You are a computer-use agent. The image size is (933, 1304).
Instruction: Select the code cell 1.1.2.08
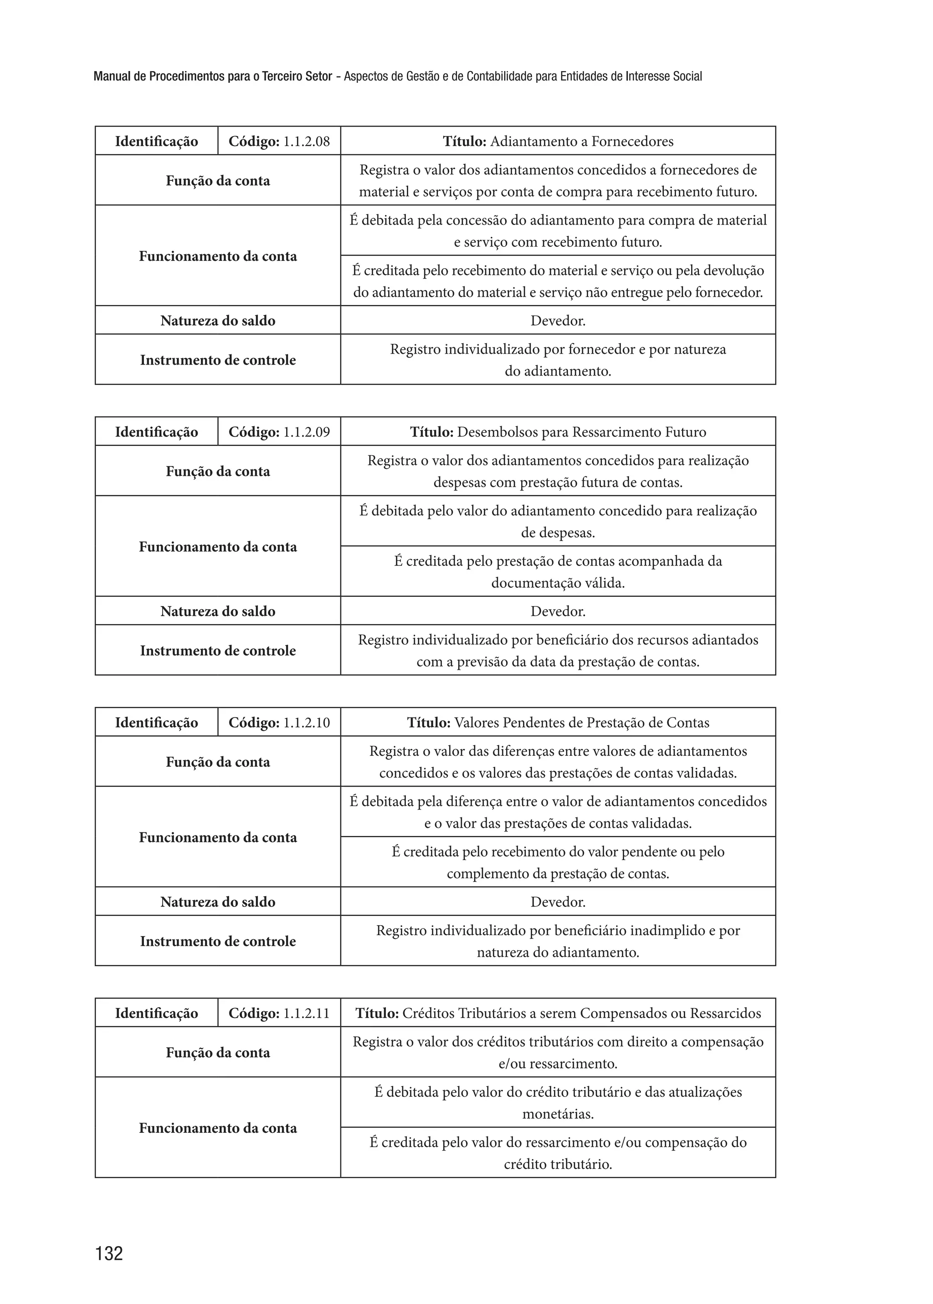pyautogui.click(x=279, y=141)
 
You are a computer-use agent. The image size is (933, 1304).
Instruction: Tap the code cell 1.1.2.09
pyautogui.click(x=279, y=432)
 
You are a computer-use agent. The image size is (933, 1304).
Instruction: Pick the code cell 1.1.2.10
pyautogui.click(x=279, y=722)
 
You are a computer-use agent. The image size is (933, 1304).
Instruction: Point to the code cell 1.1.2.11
pyautogui.click(x=279, y=1013)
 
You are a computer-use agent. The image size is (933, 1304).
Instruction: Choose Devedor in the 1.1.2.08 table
pyautogui.click(x=558, y=321)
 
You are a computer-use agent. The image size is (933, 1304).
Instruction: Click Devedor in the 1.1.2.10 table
pyautogui.click(x=558, y=902)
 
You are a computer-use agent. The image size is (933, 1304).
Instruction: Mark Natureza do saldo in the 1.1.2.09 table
pyautogui.click(x=218, y=611)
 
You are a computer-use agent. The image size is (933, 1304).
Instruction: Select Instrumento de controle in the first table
pyautogui.click(x=218, y=360)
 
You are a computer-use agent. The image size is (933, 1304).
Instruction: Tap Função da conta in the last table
pyautogui.click(x=218, y=1053)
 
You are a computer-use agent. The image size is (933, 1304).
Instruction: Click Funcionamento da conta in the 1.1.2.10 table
pyautogui.click(x=218, y=837)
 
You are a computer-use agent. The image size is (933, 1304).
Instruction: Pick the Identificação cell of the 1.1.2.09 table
pyautogui.click(x=156, y=432)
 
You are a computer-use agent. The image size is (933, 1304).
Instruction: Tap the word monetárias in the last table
pyautogui.click(x=558, y=1114)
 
